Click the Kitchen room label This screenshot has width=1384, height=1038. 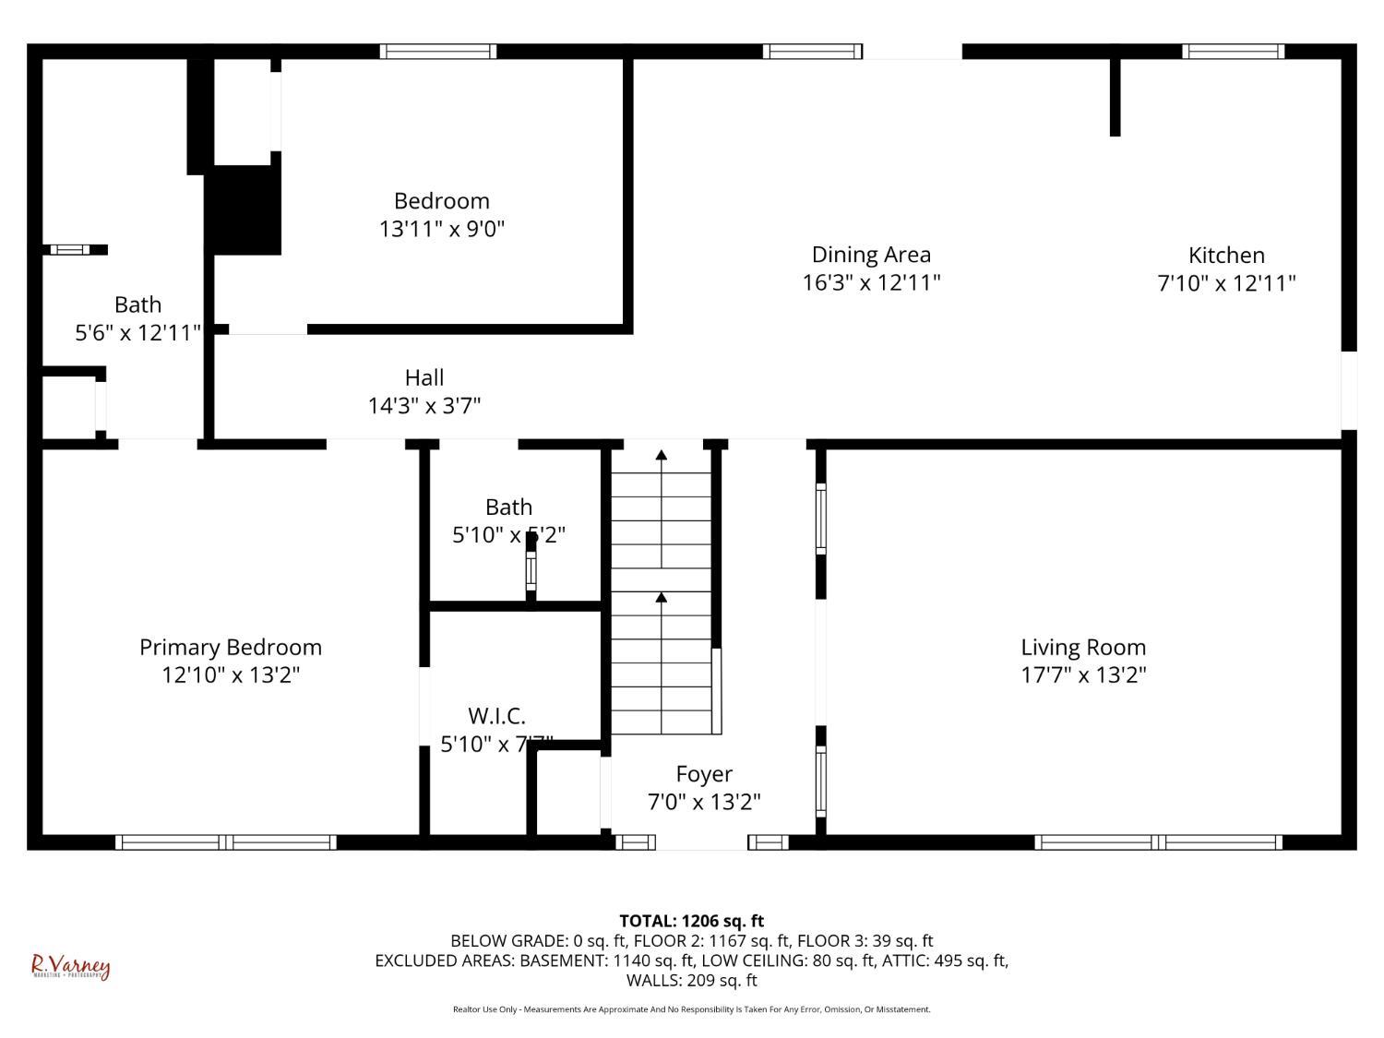1225,256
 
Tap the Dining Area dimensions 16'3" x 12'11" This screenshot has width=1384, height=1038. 871,282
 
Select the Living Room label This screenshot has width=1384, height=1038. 1082,648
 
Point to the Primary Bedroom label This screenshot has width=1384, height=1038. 231,648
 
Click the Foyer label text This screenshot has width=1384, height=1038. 704,774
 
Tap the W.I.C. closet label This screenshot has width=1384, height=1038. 496,716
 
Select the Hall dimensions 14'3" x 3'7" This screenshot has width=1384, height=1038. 424,405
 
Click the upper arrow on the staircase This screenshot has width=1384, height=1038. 662,455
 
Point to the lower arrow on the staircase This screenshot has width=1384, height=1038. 662,599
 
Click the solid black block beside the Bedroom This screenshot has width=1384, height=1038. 244,209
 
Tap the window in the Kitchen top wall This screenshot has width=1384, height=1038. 1234,52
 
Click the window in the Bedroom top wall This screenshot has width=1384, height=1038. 438,52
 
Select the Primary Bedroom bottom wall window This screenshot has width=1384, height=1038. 226,841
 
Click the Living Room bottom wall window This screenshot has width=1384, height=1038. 1158,841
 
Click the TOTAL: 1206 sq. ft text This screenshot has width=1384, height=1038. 691,921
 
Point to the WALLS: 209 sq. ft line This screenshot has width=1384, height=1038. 691,980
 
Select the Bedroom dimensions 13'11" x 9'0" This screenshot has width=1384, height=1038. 442,229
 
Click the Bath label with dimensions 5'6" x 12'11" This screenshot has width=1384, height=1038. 137,305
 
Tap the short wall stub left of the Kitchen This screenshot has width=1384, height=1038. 1115,97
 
